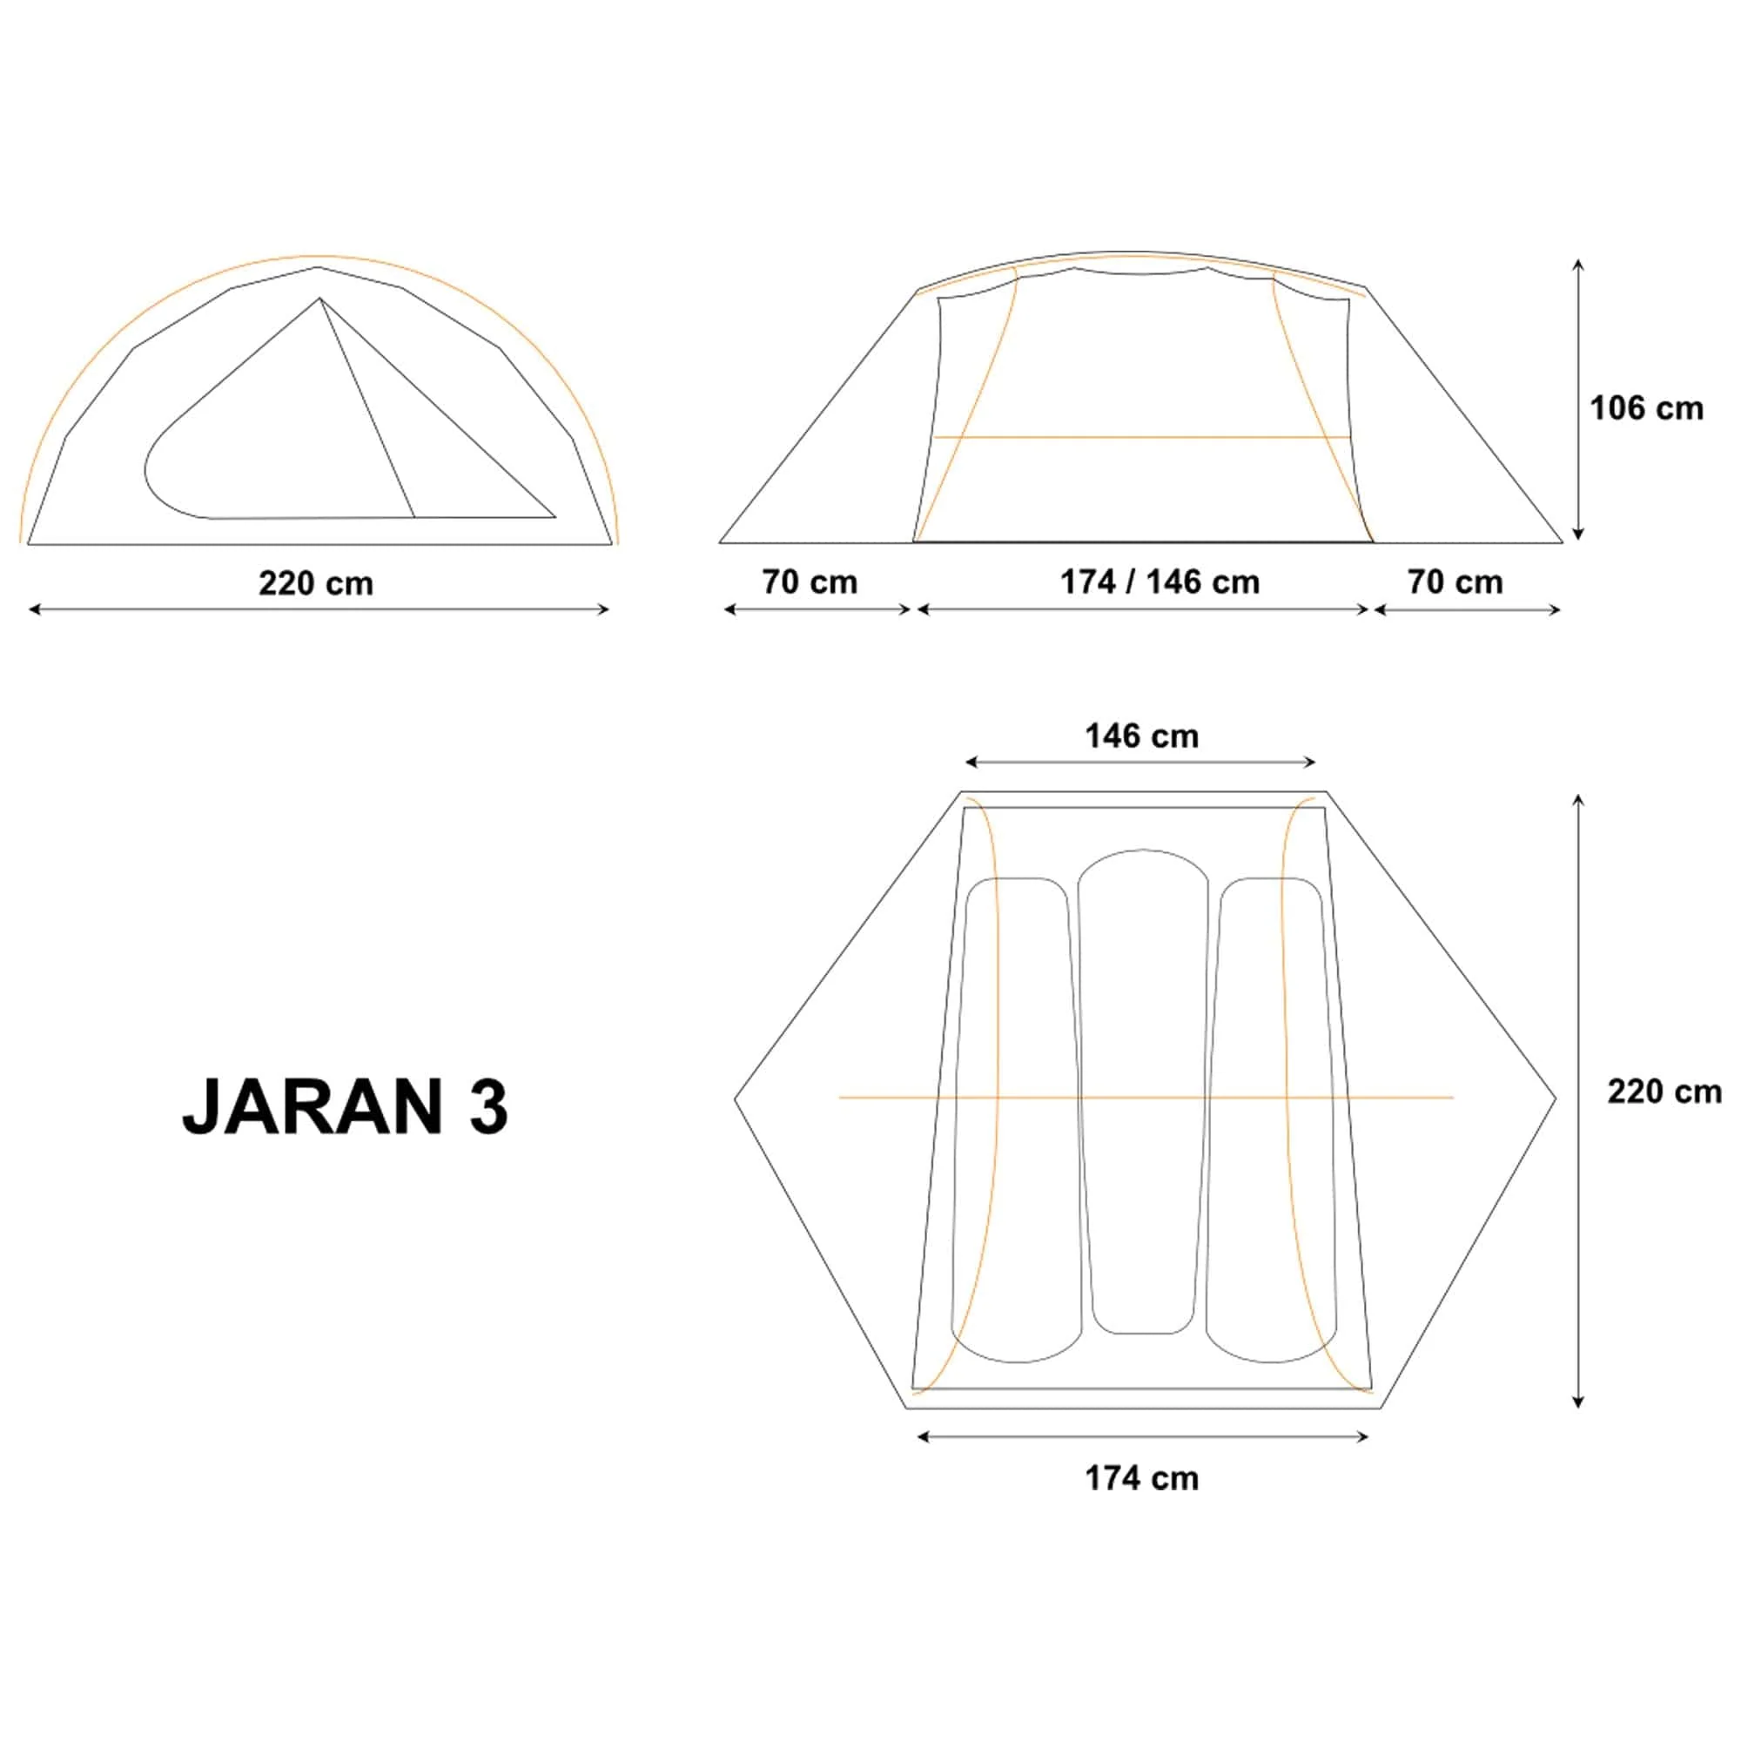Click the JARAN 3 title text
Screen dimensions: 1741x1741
point(345,1106)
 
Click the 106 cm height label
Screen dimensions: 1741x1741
point(1645,409)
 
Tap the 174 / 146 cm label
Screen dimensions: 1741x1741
point(1159,582)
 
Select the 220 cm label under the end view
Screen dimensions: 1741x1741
point(315,583)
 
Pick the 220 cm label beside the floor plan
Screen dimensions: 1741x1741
point(1664,1092)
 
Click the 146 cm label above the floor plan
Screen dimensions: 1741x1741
point(1141,736)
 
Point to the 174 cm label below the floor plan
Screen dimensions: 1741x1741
point(1141,1479)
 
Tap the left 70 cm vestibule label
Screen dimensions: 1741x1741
point(810,582)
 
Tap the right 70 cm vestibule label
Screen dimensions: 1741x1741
point(1455,582)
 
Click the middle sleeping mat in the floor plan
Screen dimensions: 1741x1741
point(1143,1091)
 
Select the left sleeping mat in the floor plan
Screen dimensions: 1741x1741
point(1017,1118)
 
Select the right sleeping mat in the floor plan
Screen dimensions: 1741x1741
point(1271,1118)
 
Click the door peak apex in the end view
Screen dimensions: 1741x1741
point(319,299)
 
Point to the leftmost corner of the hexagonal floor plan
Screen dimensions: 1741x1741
point(736,1099)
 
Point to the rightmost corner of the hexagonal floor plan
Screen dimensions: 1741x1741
point(1556,1099)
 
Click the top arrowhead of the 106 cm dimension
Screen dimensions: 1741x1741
point(1578,263)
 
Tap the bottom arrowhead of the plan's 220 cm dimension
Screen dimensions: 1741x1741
point(1578,1403)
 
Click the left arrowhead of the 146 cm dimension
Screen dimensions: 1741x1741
point(969,763)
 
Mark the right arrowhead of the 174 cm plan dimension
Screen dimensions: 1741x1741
point(1365,1436)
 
